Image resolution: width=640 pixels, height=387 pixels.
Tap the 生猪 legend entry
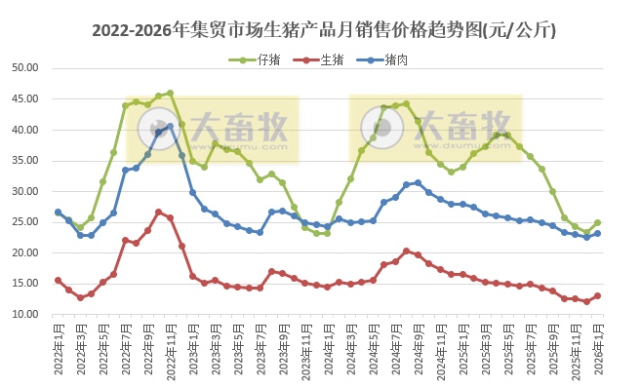(326, 59)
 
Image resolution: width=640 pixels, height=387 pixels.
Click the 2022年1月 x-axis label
(58, 349)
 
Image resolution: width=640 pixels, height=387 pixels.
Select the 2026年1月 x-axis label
(598, 349)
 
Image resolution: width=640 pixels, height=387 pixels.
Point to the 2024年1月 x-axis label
(328, 349)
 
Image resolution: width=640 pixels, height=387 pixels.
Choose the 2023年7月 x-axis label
(260, 349)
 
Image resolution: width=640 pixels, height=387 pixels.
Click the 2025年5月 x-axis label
(508, 349)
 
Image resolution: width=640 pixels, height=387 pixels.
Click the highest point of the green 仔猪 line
(170, 94)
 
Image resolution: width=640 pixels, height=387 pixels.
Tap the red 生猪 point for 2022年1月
(58, 280)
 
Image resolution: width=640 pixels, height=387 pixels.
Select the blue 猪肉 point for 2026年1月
(598, 233)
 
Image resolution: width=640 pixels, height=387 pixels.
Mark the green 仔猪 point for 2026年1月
(598, 222)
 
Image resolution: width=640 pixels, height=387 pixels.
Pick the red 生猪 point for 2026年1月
(598, 296)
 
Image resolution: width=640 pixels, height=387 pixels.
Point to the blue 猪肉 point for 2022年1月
(58, 212)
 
